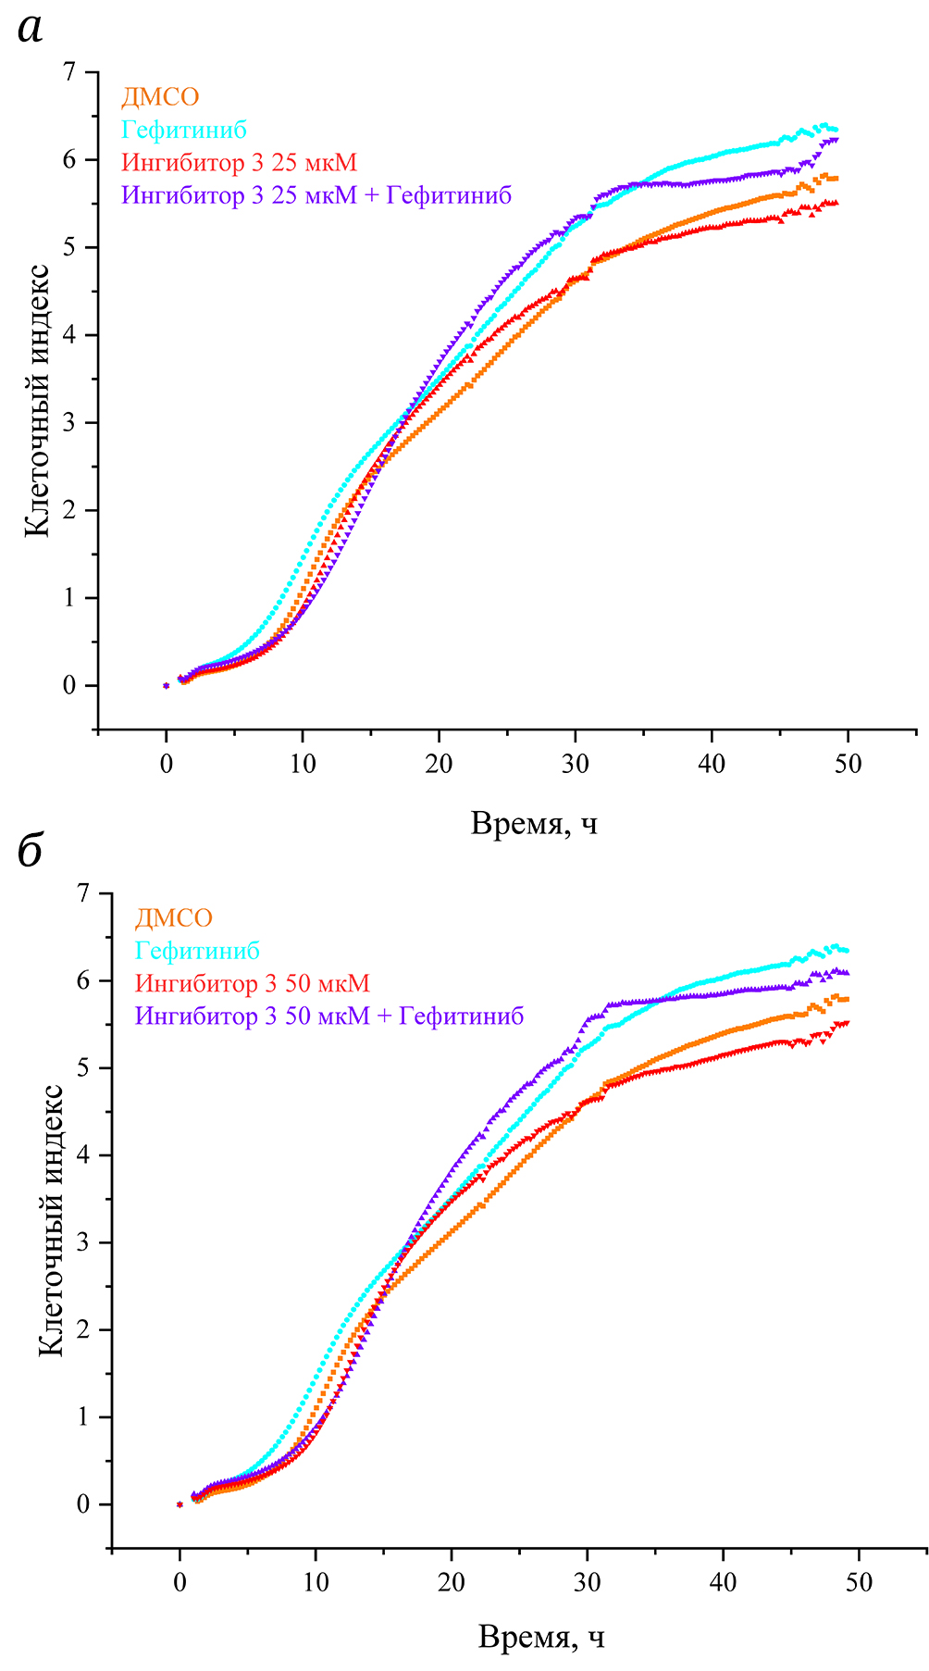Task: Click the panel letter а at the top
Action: point(31,31)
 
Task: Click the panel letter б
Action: point(31,851)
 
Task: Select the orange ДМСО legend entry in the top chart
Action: point(160,97)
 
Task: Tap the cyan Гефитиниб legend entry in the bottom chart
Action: point(197,951)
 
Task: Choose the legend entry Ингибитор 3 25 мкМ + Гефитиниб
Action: point(316,195)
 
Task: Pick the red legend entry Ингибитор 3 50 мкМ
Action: point(252,983)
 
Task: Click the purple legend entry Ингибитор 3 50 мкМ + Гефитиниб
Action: point(329,1016)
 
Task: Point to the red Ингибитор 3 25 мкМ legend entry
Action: point(239,163)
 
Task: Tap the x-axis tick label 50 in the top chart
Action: point(848,765)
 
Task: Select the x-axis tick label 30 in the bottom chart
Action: point(587,1582)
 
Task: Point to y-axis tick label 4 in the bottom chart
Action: point(82,1155)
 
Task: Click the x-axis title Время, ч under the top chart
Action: point(534,823)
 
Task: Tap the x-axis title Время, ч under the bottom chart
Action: point(541,1638)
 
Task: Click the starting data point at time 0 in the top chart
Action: point(167,685)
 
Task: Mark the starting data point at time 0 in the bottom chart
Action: point(180,1504)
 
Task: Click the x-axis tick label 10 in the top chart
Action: point(303,765)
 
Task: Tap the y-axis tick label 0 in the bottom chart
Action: point(82,1504)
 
